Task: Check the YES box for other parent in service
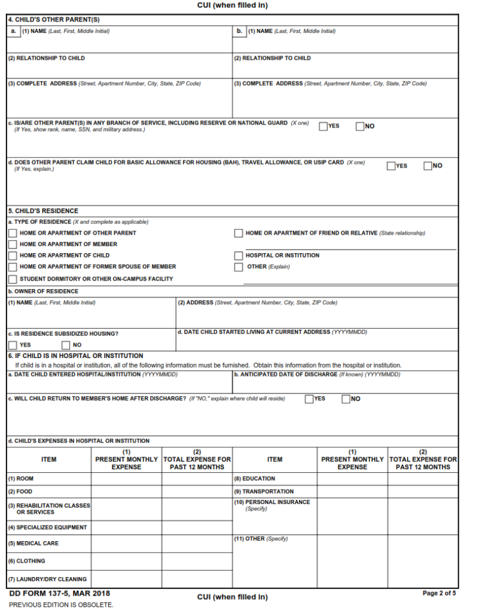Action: tap(323, 126)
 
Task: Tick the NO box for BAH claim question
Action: tap(428, 166)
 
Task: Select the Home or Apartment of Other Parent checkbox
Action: tap(13, 233)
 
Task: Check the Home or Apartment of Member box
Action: tap(13, 244)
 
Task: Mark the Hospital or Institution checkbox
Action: tap(239, 256)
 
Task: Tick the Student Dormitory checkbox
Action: tap(13, 279)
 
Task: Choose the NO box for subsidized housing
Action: tap(66, 345)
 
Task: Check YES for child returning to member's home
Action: tap(309, 399)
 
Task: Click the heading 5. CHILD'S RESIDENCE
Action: tap(43, 211)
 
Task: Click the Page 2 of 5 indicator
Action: tap(439, 593)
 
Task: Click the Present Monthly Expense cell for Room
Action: tap(126, 479)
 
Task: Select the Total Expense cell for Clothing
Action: tap(197, 561)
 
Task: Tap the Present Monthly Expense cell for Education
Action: tap(352, 479)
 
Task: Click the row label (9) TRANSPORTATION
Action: tap(268, 491)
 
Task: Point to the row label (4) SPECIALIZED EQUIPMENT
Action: tap(47, 528)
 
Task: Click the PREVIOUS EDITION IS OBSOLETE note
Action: tap(61, 605)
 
